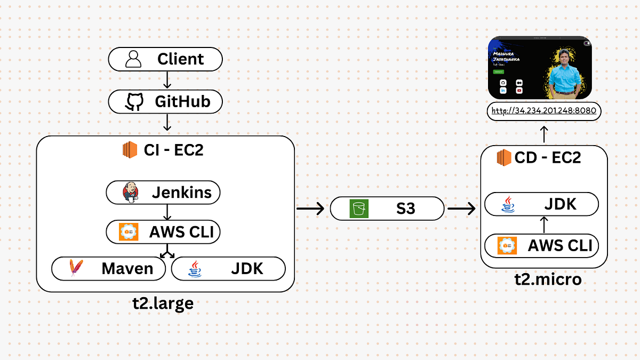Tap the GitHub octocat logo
[134, 101]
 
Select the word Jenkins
[182, 192]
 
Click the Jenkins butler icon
[130, 193]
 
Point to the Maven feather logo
[76, 268]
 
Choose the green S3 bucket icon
[358, 208]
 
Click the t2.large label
[163, 303]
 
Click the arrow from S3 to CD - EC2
[461, 209]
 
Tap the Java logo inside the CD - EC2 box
[508, 204]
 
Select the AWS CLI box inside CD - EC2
[541, 246]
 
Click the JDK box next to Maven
[228, 269]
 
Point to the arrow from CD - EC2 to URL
[543, 134]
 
